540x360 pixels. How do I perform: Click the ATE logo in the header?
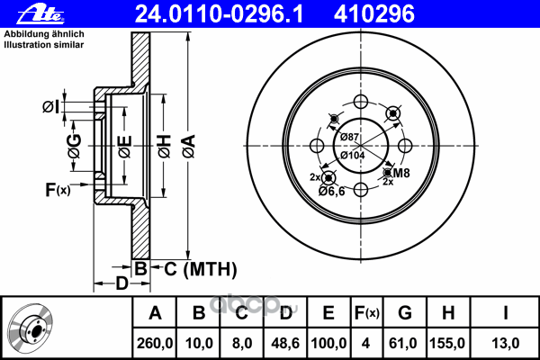(40, 14)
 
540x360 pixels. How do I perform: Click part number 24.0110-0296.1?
(220, 14)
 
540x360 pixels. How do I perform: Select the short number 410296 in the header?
(374, 14)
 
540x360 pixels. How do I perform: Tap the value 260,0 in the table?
(155, 344)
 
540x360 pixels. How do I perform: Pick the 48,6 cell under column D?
(285, 344)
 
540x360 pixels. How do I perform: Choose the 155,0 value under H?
(447, 344)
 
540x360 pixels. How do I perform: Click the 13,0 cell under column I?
(505, 344)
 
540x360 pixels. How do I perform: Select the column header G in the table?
(405, 313)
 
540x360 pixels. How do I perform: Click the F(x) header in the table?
(367, 313)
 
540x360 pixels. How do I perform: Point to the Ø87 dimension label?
(349, 137)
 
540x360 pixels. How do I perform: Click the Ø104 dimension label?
(352, 156)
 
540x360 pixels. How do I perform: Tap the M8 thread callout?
(401, 173)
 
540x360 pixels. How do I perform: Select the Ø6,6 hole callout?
(331, 191)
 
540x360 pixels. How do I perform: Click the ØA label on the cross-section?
(189, 146)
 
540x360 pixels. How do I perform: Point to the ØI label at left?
(51, 107)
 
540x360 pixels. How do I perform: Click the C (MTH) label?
(201, 269)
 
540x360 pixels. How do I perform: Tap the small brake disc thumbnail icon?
(31, 328)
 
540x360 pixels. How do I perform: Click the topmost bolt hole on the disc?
(361, 102)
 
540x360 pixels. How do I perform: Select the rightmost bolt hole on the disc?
(405, 146)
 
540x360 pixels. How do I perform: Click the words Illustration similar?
(44, 45)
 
